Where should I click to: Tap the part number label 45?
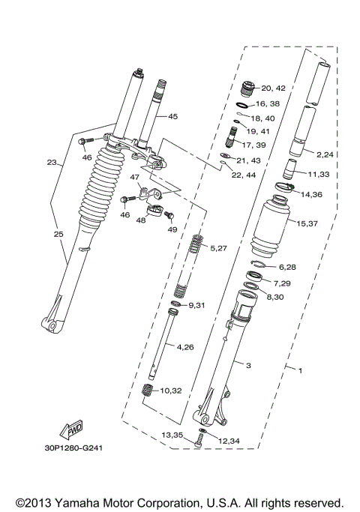(172, 117)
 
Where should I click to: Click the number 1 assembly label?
(300, 371)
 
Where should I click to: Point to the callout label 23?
(51, 162)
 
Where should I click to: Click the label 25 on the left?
(58, 235)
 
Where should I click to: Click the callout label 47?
(134, 178)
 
